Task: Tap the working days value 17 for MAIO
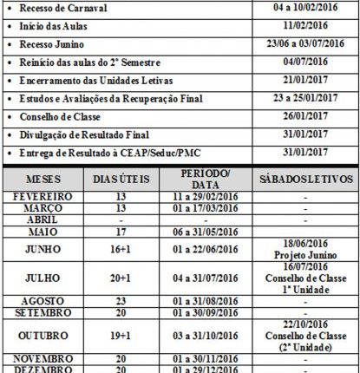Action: pyautogui.click(x=120, y=232)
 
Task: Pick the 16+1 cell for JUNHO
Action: pyautogui.click(x=120, y=251)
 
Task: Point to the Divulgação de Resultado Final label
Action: pyautogui.click(x=82, y=134)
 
